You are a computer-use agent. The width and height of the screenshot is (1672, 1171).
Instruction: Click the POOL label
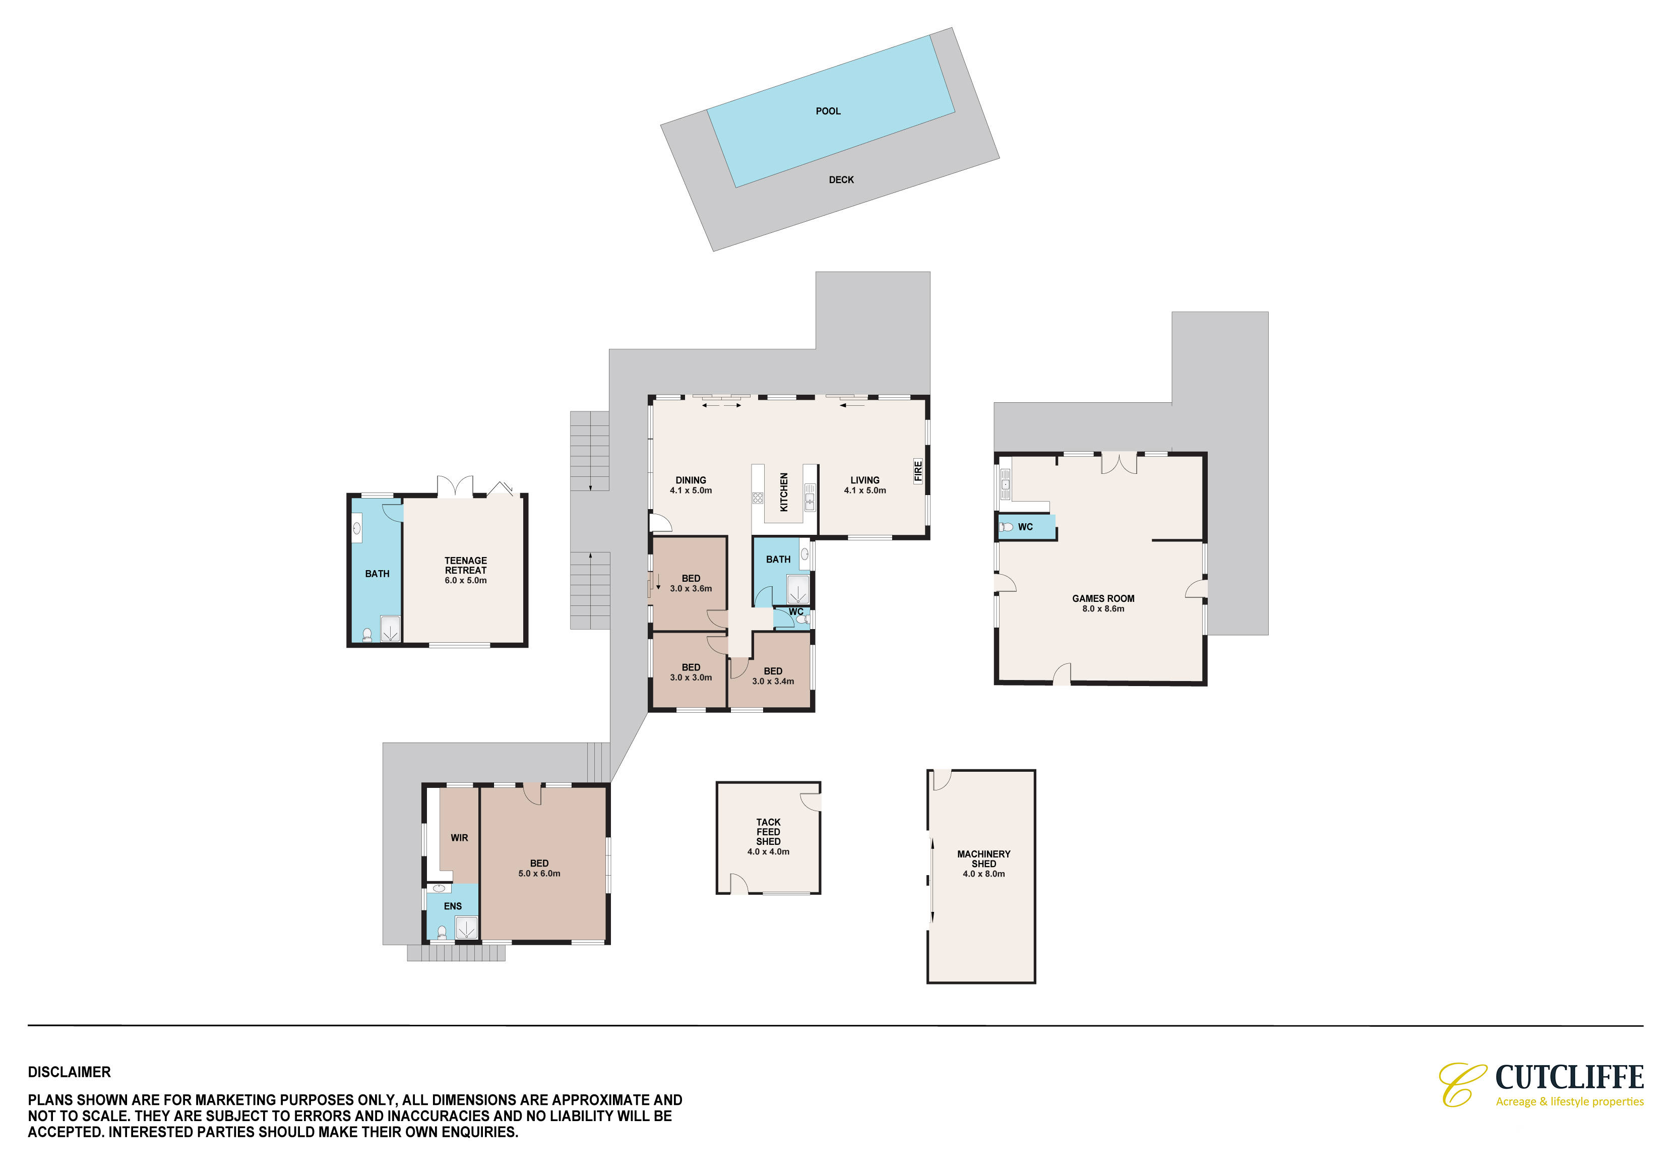(x=828, y=111)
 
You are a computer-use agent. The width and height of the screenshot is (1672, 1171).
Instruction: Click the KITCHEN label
(x=784, y=492)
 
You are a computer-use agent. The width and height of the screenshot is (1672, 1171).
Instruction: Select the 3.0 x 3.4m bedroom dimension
(x=773, y=682)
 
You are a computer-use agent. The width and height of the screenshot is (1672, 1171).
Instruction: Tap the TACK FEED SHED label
(x=768, y=832)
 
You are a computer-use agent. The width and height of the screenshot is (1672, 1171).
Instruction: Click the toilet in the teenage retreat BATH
(x=367, y=636)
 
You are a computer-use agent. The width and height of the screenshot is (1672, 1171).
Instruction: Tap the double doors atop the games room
(x=1119, y=464)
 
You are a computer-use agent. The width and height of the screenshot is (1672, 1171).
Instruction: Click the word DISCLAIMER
(x=69, y=1072)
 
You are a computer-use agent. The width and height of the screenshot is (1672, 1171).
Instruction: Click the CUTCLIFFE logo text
(x=1569, y=1077)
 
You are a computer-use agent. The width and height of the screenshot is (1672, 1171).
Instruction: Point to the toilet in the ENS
(x=441, y=932)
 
